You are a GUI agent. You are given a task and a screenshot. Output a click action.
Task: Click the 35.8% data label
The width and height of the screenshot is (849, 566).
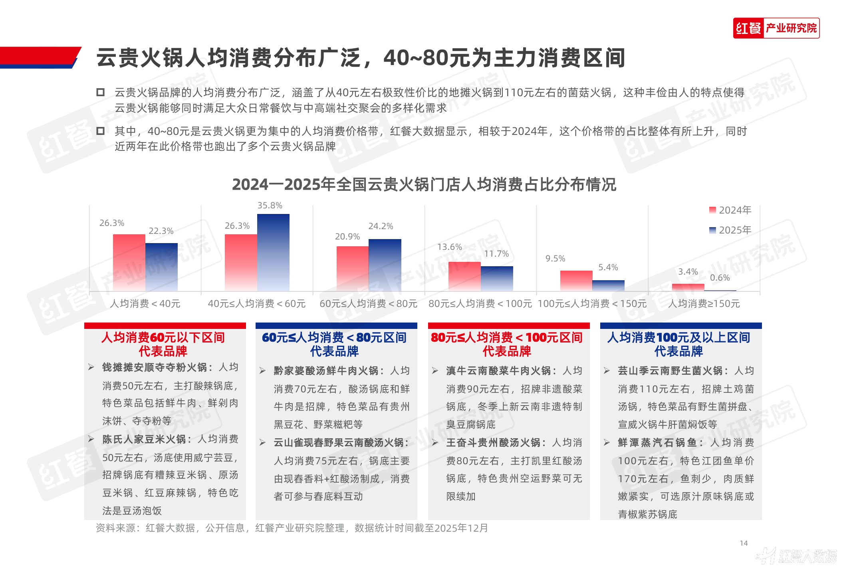point(270,206)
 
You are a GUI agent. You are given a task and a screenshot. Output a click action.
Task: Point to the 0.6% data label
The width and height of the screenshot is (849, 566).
point(720,278)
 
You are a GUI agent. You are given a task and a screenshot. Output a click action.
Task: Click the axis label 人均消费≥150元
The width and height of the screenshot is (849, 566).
point(704,304)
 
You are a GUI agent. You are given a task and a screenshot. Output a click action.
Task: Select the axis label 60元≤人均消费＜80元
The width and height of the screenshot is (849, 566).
point(368,304)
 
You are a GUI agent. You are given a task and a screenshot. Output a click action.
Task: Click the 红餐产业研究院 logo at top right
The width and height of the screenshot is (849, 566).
point(776,28)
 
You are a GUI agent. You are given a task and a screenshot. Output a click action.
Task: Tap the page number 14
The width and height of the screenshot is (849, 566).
point(744,543)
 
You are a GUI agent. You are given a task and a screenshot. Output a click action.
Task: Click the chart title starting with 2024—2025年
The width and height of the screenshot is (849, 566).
point(424,184)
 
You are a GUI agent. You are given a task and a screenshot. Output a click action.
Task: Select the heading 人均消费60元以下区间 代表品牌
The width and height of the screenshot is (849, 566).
point(163,344)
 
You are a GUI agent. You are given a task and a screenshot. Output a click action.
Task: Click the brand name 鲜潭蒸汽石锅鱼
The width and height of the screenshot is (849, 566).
point(657,443)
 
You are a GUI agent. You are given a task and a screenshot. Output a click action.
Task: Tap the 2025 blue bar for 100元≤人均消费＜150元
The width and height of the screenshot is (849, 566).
point(608,285)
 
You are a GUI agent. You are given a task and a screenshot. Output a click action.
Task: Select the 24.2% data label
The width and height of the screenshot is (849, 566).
point(381,226)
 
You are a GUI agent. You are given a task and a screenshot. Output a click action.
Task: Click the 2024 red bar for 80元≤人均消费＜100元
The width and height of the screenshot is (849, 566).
point(464,276)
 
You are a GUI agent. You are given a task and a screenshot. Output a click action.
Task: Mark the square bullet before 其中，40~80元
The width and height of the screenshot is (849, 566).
point(100,131)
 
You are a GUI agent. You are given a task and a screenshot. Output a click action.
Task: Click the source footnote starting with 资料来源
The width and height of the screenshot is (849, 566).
point(292,528)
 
